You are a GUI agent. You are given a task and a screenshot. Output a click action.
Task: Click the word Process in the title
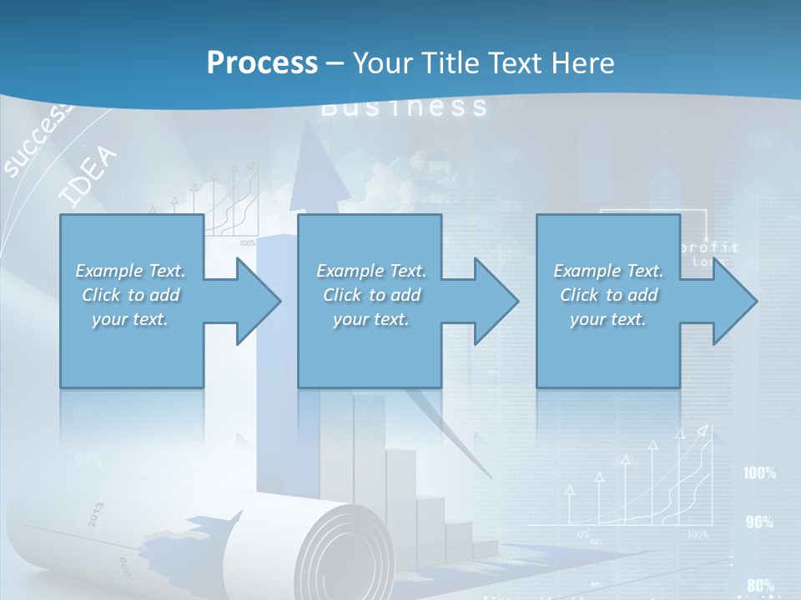click(262, 63)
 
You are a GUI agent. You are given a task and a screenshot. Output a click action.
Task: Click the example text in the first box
click(131, 295)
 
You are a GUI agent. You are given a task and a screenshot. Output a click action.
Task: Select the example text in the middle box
click(370, 295)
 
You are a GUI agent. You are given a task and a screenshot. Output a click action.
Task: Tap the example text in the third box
click(608, 295)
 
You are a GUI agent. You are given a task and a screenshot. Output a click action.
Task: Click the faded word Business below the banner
click(404, 107)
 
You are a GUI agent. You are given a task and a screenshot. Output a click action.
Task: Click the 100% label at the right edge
click(759, 473)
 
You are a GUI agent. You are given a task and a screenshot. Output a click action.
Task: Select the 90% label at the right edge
click(759, 522)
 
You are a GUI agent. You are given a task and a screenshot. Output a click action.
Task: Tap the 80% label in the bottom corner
click(760, 585)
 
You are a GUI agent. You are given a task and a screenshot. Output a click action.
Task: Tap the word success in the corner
click(38, 143)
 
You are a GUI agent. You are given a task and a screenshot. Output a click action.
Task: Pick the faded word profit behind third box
click(709, 247)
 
